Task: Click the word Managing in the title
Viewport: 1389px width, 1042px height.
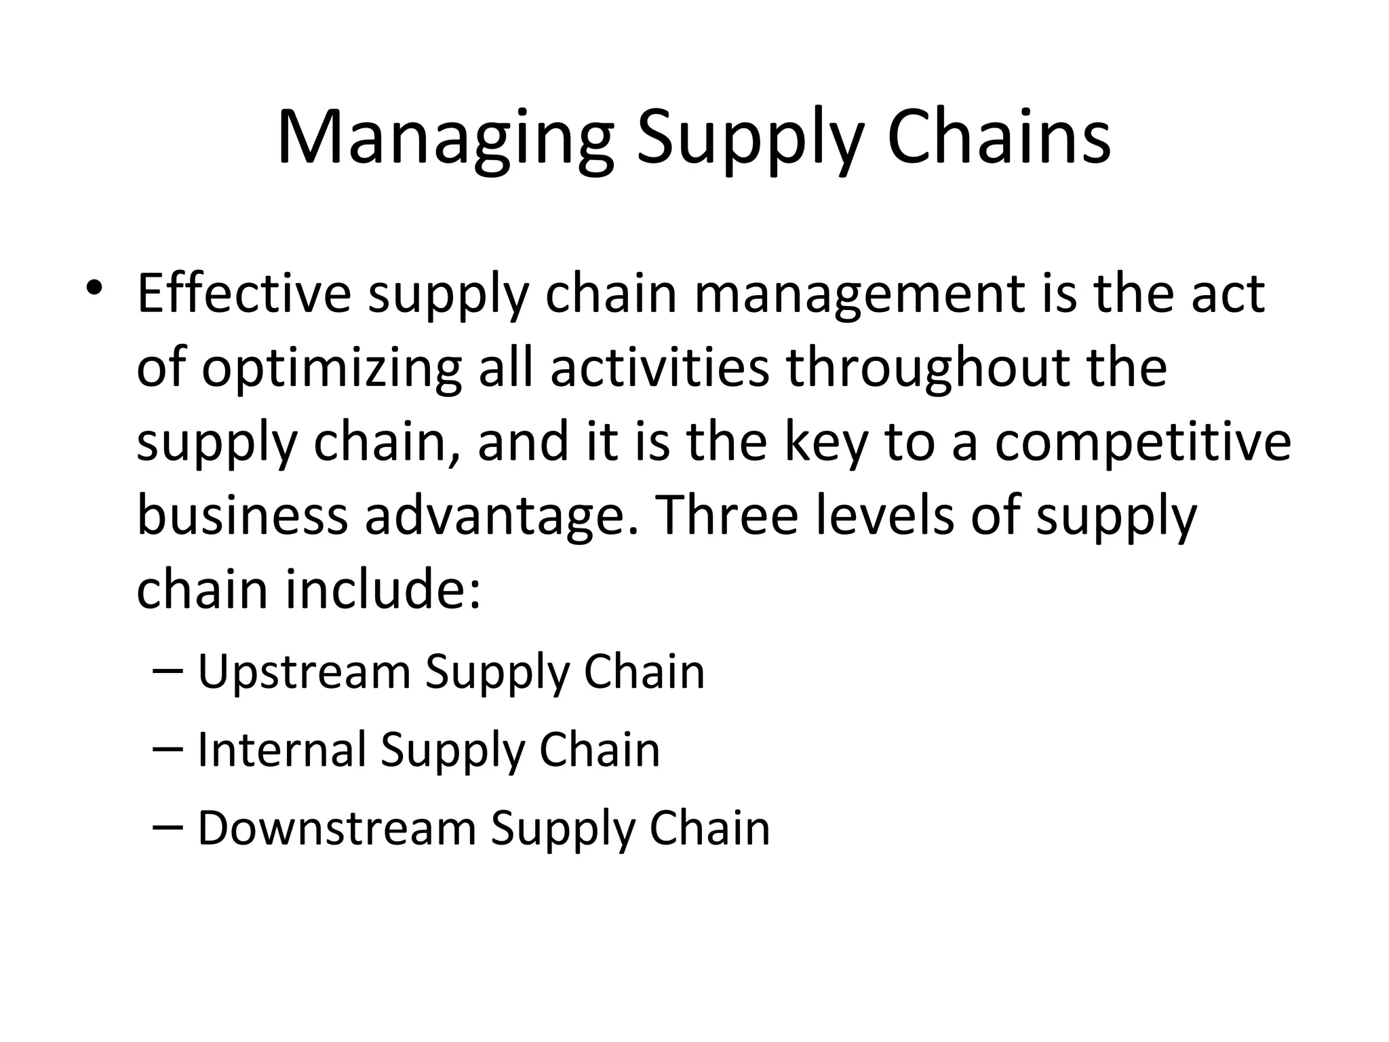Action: [x=445, y=139]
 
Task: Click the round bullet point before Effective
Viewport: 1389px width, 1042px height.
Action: [x=94, y=287]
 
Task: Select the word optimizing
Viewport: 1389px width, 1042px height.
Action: [x=332, y=370]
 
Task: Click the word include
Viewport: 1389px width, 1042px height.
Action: [x=383, y=589]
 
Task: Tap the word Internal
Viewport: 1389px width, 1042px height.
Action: [x=281, y=750]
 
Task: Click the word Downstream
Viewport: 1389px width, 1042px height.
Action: [x=337, y=828]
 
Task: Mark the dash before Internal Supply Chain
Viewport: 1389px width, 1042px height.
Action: [x=168, y=750]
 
